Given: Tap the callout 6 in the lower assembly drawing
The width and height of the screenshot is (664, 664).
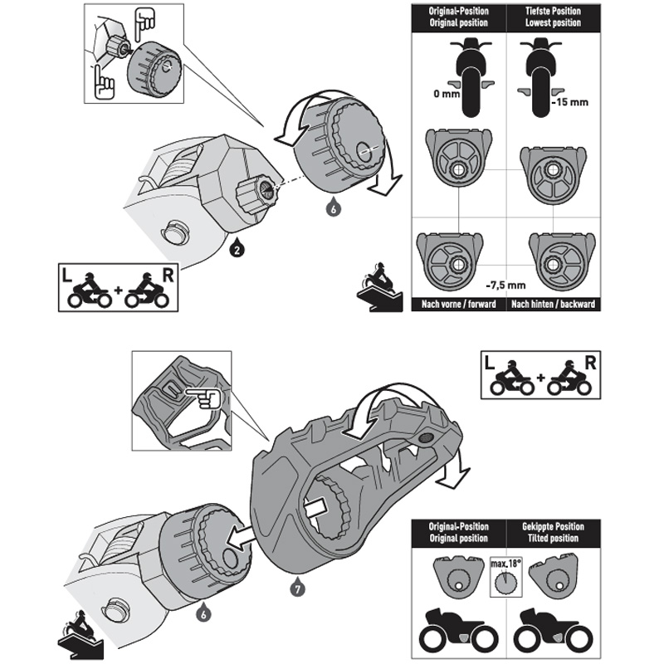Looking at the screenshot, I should coord(203,615).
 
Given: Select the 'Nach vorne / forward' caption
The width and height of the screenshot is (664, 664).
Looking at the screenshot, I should coord(458,304).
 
